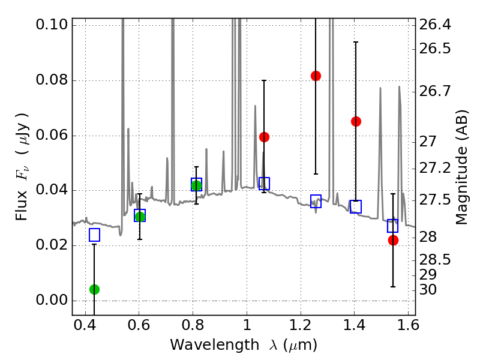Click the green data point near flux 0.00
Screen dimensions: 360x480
[94, 289]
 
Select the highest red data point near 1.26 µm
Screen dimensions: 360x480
[316, 76]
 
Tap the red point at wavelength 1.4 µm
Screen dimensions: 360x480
[356, 121]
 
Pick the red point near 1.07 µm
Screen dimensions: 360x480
[264, 137]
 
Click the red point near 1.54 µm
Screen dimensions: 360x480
[393, 240]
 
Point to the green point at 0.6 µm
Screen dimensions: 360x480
[140, 217]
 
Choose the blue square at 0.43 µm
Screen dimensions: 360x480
[94, 235]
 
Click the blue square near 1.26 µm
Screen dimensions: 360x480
[316, 201]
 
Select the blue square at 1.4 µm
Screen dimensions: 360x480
[356, 206]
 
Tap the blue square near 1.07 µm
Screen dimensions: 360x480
[264, 183]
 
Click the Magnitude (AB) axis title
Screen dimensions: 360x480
[461, 167]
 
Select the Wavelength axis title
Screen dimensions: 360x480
[244, 345]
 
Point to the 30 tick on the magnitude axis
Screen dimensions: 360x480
[429, 289]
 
